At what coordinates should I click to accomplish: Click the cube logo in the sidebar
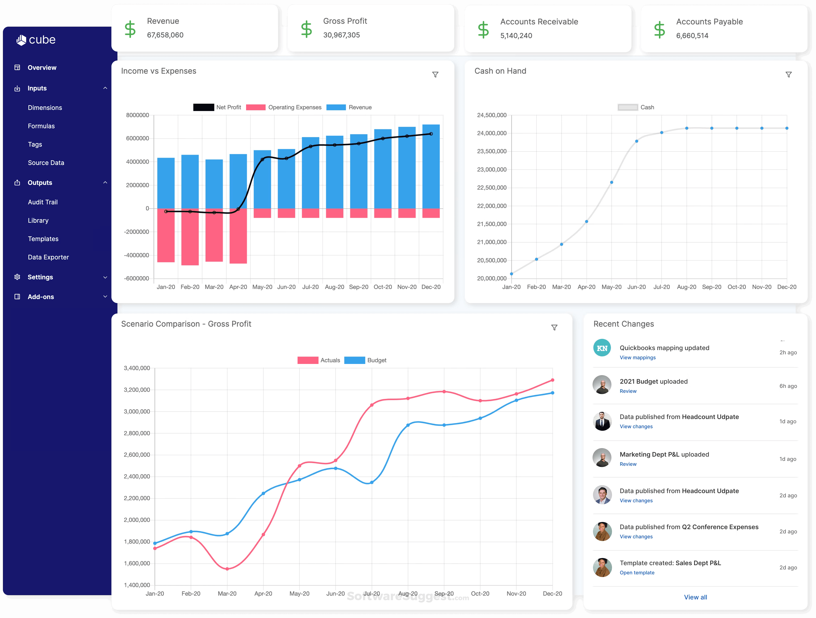(x=36, y=40)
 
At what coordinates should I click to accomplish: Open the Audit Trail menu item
(x=43, y=202)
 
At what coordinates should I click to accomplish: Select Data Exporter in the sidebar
(x=48, y=257)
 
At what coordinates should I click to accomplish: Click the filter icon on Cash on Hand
(x=788, y=75)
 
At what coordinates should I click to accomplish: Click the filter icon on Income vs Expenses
(x=435, y=75)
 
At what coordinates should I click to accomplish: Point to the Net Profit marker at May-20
(x=262, y=160)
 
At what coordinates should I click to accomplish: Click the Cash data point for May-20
(x=611, y=182)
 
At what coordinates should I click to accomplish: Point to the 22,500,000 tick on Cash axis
(x=492, y=188)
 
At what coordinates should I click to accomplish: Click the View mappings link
(x=637, y=357)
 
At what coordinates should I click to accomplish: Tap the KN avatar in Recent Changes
(x=602, y=348)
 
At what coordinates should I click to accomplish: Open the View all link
(x=695, y=597)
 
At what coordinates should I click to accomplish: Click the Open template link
(x=637, y=573)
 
